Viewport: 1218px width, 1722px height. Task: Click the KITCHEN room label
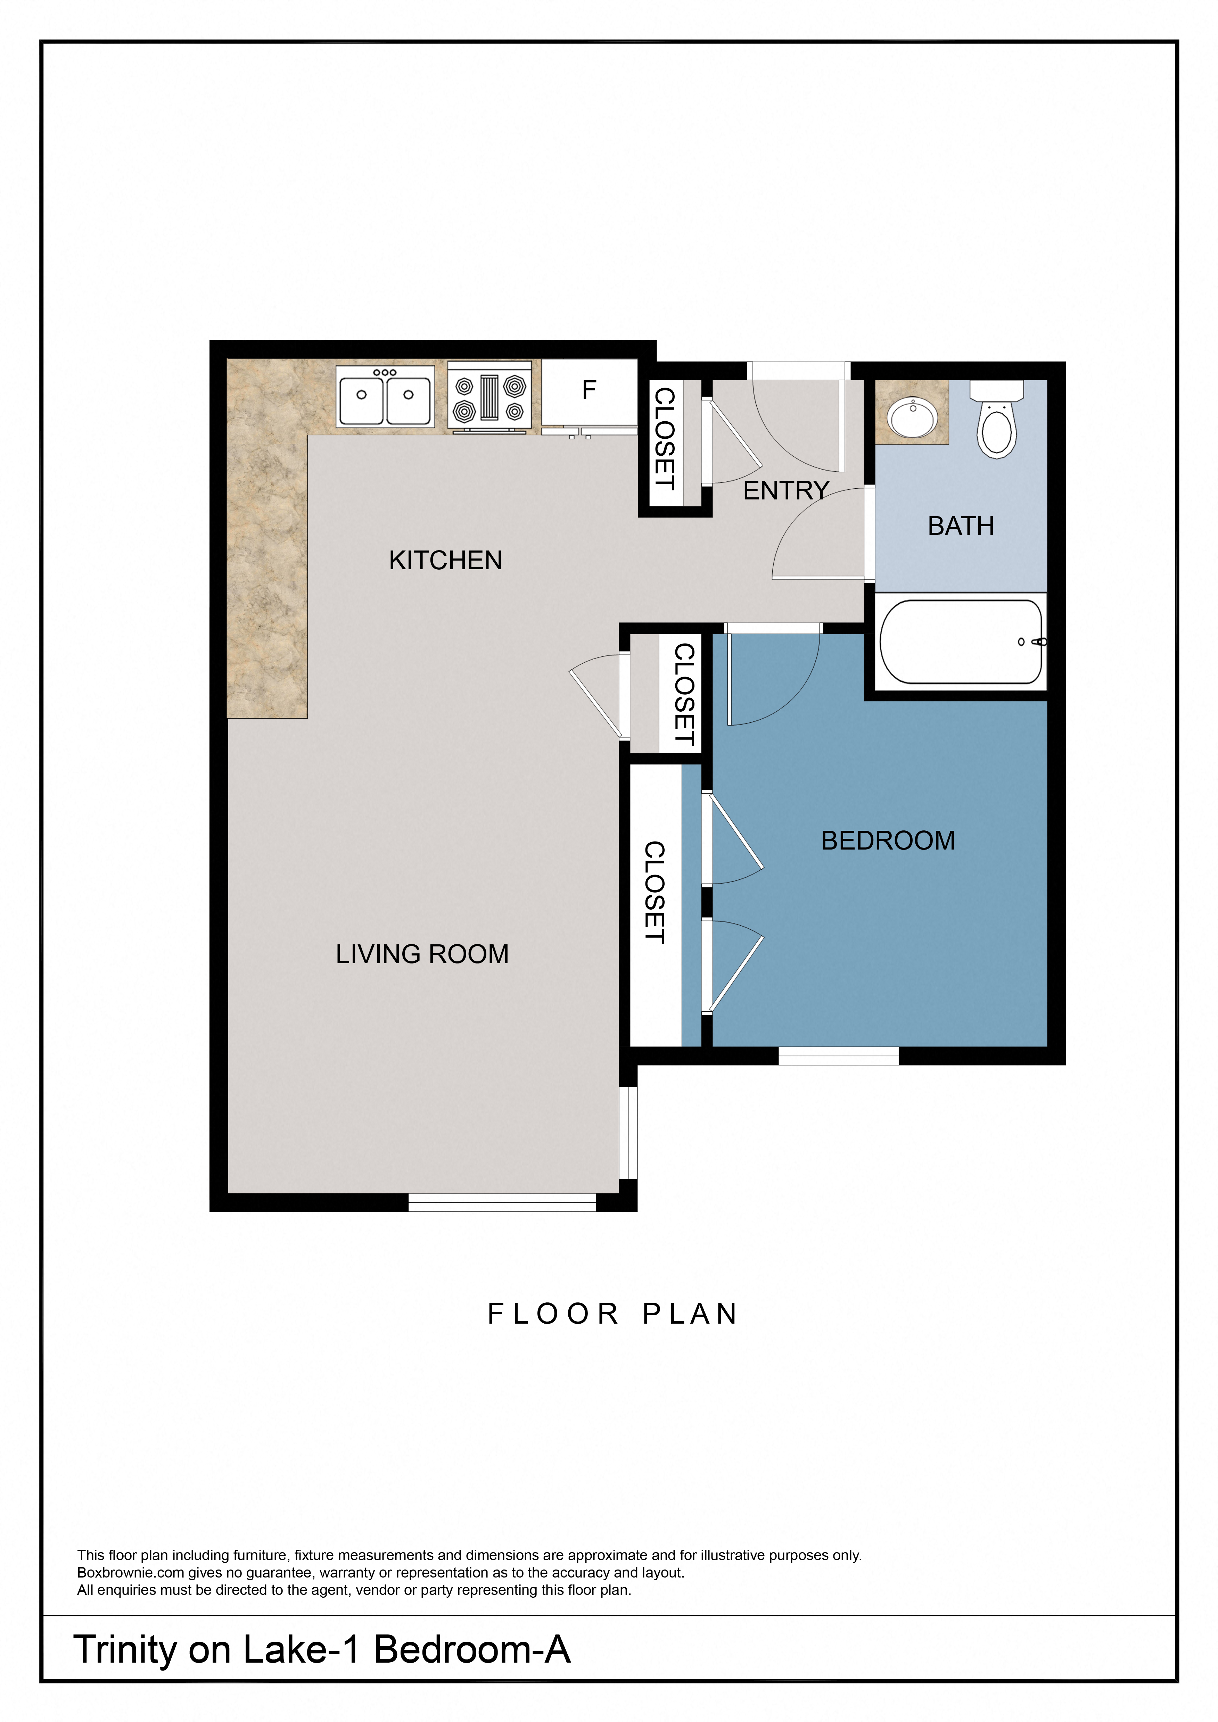point(445,560)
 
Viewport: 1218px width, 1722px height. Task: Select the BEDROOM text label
point(888,841)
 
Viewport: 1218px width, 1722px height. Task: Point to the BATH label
point(961,527)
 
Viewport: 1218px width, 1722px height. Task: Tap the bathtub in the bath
point(961,642)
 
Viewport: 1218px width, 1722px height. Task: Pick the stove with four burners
point(490,398)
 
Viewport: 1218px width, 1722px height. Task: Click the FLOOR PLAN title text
point(613,1314)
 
